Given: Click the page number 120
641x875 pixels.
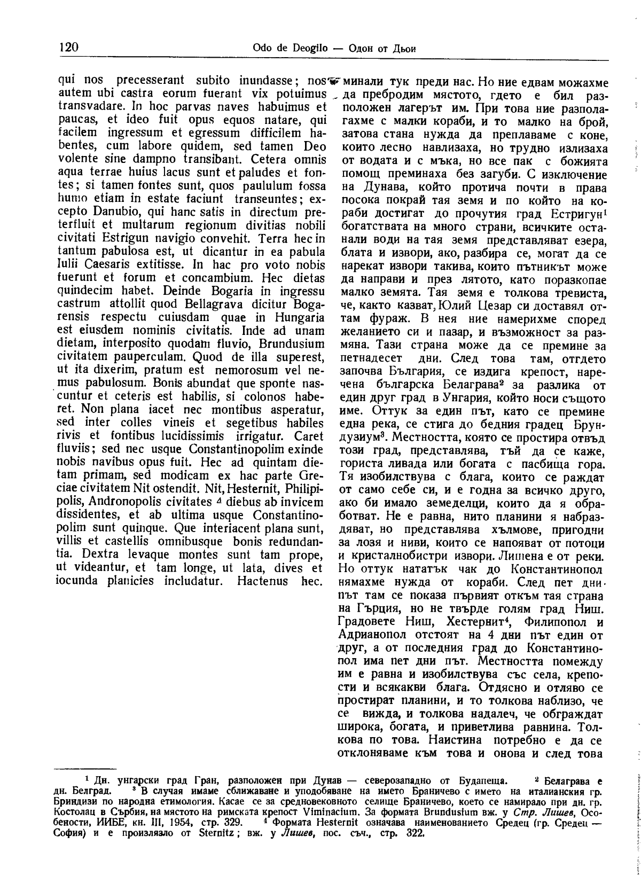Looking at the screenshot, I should click(x=69, y=48).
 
